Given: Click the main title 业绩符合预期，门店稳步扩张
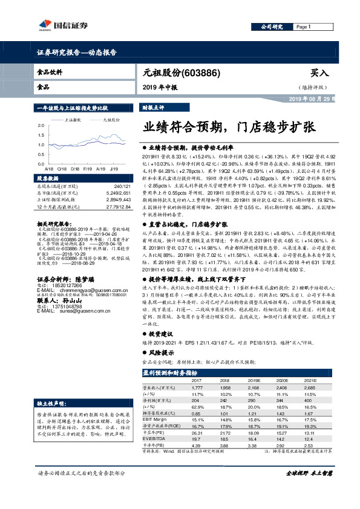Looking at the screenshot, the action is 228,128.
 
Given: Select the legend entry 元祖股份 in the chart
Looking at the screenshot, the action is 113,120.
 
